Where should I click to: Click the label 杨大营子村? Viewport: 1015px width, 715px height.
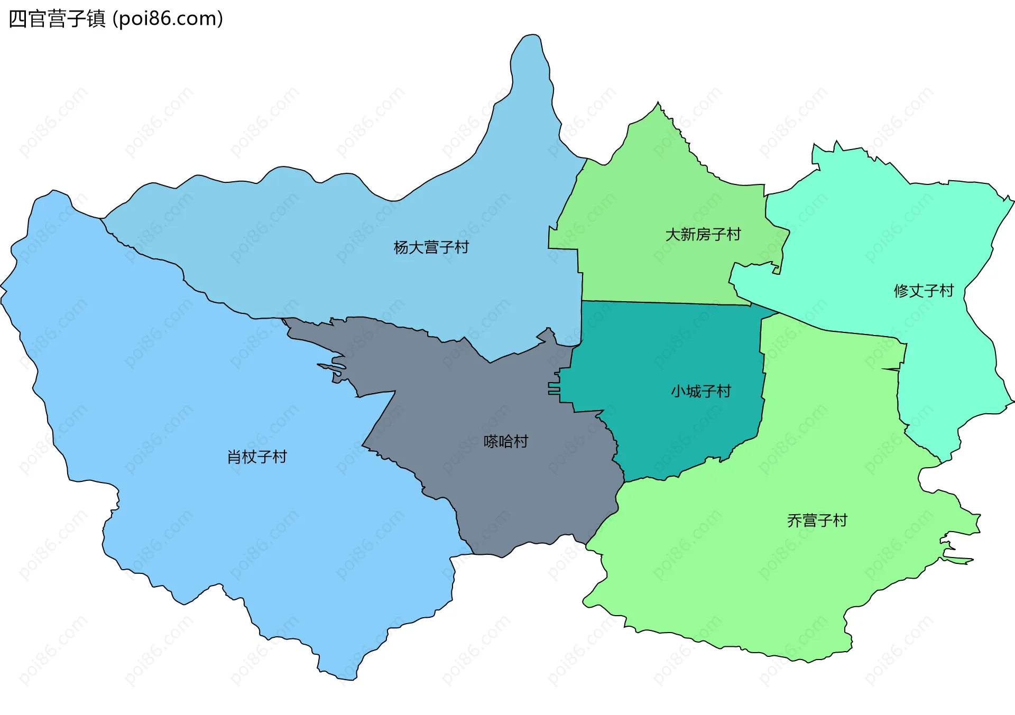pos(431,247)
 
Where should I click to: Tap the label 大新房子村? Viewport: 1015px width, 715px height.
pos(703,234)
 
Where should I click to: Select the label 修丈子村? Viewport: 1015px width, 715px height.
pos(924,291)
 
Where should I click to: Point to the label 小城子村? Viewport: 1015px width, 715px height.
pos(701,391)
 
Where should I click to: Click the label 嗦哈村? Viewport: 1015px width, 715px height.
pos(506,441)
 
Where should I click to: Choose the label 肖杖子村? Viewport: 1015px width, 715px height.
pos(257,457)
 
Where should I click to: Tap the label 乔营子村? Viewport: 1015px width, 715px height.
pos(817,521)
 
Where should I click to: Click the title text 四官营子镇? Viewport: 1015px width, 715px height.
pos(57,19)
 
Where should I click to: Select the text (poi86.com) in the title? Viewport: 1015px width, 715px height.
pos(168,19)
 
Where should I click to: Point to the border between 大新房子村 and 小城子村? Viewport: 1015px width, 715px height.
pos(666,303)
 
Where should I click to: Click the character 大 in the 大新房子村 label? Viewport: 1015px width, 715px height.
pos(672,234)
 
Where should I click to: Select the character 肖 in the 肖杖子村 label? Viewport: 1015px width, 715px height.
pos(234,457)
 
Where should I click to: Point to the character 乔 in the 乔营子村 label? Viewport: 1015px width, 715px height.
pos(795,521)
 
